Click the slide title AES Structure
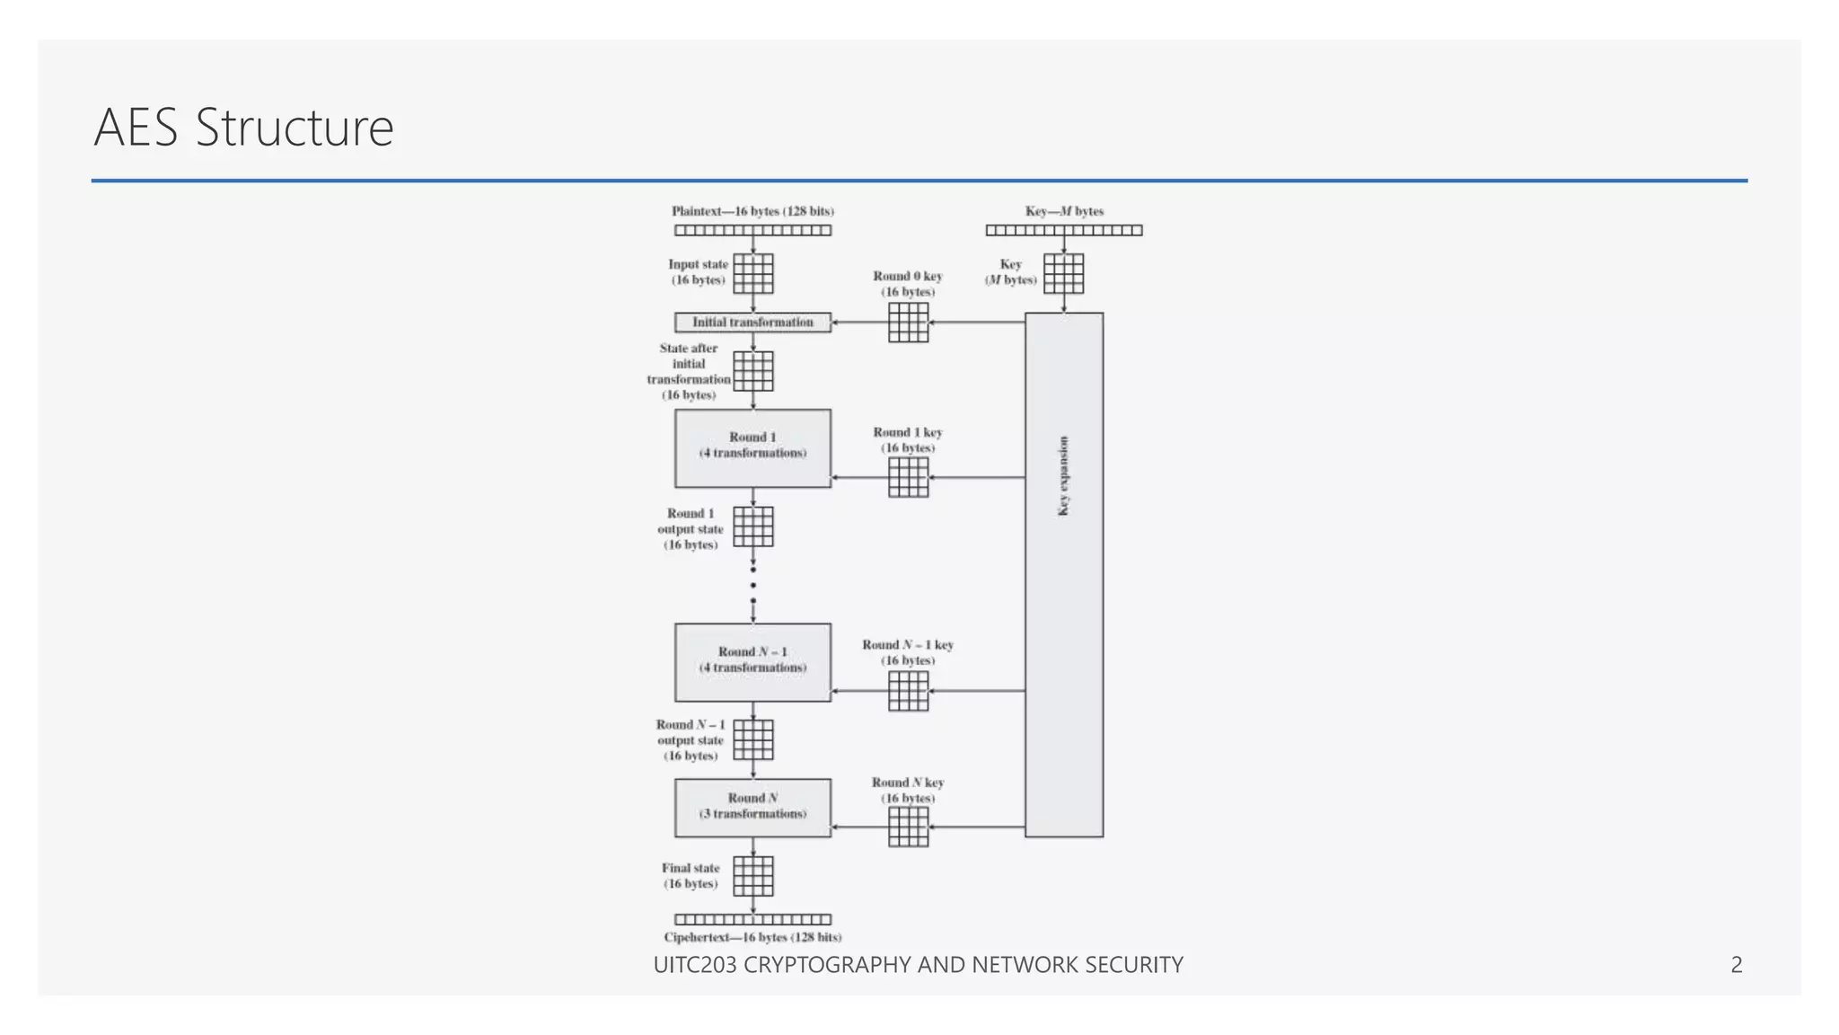coord(243,128)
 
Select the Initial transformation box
coord(752,323)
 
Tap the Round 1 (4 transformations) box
coord(752,448)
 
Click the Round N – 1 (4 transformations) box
coord(752,662)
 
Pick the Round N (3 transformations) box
coord(752,808)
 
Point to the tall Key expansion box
coord(1064,575)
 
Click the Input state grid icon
coord(753,273)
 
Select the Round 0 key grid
coord(908,322)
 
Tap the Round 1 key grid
coord(908,477)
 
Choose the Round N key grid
coord(908,827)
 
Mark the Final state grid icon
coord(753,876)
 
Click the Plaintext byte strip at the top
coord(752,231)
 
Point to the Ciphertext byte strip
coord(752,919)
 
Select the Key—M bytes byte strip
coord(1064,231)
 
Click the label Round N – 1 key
coord(908,645)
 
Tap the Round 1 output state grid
coord(753,526)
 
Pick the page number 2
coord(1736,965)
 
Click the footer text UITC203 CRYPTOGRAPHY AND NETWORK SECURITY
coord(918,965)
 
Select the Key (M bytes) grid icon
coord(1064,273)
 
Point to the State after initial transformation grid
coord(753,371)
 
